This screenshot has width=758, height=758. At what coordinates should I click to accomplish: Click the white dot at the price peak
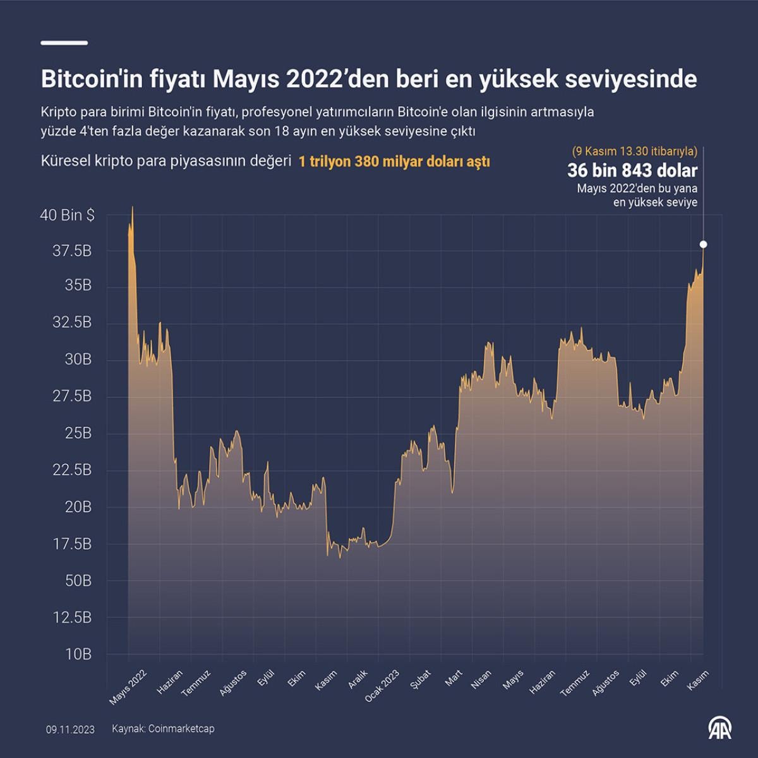703,244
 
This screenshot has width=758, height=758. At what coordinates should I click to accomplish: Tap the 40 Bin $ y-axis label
68,215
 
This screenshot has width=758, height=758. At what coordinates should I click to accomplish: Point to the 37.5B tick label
72,251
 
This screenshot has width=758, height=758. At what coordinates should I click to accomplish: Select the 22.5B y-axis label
72,470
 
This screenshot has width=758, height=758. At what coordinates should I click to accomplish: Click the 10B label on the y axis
78,654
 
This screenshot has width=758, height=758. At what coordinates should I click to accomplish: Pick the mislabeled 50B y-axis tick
78,581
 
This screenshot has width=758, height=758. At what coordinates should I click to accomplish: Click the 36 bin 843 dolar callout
632,171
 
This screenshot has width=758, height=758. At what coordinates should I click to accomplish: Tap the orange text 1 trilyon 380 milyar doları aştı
394,162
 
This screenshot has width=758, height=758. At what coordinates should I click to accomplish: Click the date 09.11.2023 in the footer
70,730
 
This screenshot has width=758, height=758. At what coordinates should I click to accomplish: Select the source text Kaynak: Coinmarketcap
163,729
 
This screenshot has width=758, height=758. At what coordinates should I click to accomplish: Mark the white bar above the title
64,43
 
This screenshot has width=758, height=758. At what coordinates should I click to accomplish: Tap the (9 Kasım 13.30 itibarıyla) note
635,152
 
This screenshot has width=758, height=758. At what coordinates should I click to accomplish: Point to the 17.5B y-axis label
72,544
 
